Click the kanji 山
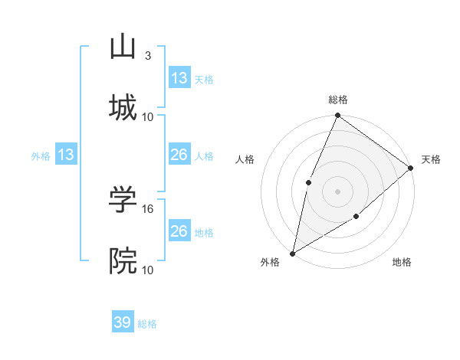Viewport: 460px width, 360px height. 123,46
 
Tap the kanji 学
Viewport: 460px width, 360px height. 123,201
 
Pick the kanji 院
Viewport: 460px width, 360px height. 123,260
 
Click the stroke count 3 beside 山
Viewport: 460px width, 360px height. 148,56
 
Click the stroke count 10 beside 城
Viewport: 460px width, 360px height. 148,116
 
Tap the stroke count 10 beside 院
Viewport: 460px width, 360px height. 148,270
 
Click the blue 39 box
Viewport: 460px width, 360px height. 123,323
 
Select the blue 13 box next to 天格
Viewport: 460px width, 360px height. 179,78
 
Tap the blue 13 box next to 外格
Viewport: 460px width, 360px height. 66,155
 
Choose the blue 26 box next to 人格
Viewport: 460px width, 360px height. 179,155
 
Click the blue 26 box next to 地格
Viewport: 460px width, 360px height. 179,231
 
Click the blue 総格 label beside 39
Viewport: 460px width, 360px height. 147,324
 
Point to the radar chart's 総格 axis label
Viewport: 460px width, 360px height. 338,100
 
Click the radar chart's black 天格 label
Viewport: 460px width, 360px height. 431,159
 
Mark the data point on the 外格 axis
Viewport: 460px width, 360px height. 292,253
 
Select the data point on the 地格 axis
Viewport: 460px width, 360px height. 356,217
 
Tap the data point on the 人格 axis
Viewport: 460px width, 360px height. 308,182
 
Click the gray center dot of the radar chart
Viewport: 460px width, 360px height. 337,191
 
